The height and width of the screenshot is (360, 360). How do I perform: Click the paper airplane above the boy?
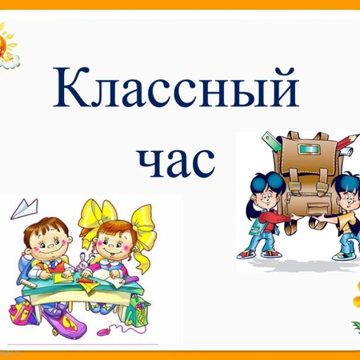pos(26,207)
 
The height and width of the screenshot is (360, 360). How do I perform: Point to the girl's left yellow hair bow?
pos(90,214)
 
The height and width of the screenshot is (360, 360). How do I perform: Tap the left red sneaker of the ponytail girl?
pos(246,254)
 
